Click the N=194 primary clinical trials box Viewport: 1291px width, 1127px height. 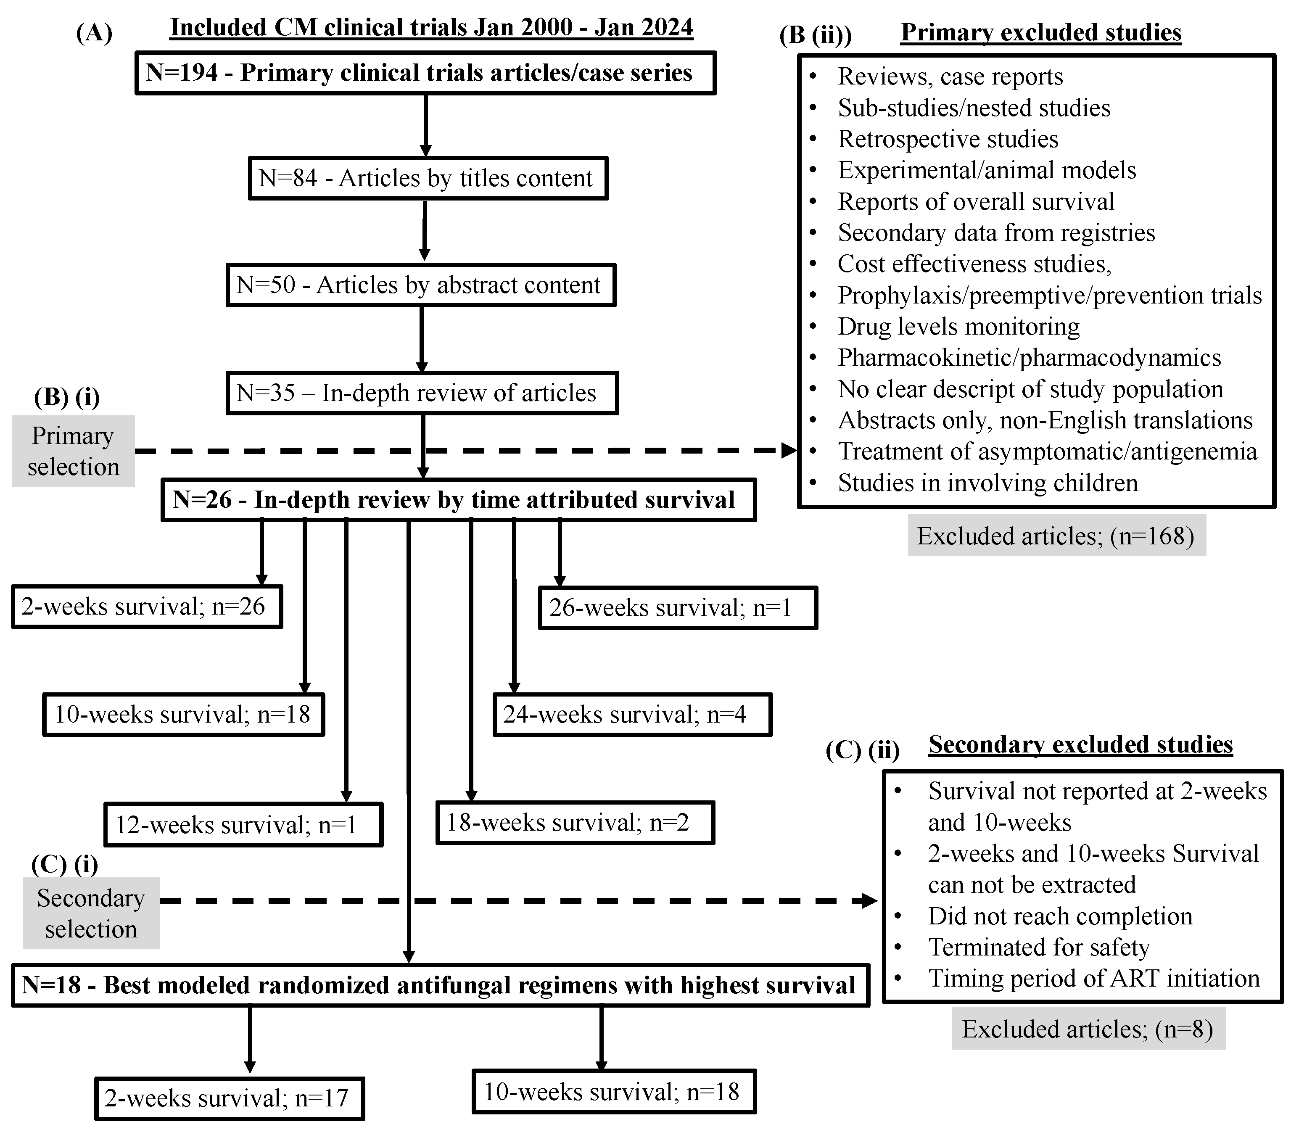(425, 73)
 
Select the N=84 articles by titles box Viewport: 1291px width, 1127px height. (428, 179)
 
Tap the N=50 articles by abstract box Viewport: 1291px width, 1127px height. (421, 285)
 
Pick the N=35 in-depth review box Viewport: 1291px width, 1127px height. (422, 393)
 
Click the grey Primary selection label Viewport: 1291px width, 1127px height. (73, 451)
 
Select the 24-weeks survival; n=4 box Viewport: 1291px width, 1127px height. (632, 715)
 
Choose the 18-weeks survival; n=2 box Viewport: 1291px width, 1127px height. (575, 823)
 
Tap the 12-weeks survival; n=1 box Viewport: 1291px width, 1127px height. (243, 824)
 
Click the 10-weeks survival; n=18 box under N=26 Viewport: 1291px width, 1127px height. (184, 715)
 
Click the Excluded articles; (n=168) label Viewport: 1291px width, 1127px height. (1056, 536)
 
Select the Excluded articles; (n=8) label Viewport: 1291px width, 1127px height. (1088, 1029)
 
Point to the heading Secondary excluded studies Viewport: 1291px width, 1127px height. (1080, 744)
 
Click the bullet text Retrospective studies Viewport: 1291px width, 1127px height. (948, 139)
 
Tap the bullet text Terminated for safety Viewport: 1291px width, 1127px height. (1039, 947)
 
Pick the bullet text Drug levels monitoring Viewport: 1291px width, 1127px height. (958, 326)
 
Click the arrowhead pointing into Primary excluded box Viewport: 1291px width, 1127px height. (789, 450)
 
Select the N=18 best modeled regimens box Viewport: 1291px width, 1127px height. (440, 985)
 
